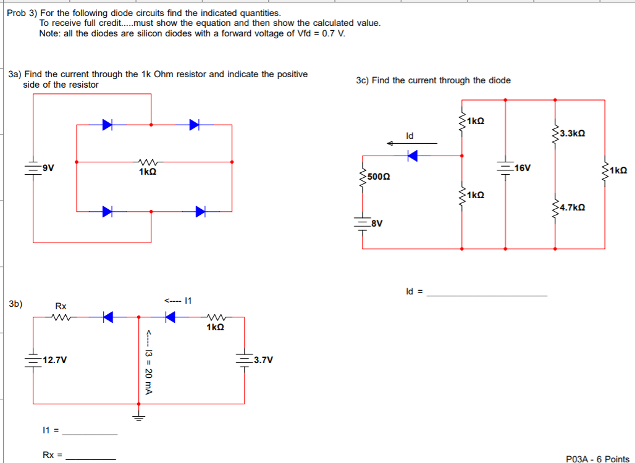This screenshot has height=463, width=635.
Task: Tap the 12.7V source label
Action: tap(55, 359)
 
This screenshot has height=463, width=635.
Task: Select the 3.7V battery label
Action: tap(263, 359)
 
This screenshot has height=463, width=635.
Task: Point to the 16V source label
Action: tap(522, 168)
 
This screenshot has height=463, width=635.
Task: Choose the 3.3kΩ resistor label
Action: tap(572, 133)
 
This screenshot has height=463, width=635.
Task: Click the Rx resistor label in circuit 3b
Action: tap(61, 306)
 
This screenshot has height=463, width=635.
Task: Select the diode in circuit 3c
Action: tap(413, 156)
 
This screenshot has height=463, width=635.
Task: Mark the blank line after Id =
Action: tap(487, 295)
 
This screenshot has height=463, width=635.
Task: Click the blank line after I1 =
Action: tap(90, 434)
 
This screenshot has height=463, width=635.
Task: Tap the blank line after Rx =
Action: tap(90, 458)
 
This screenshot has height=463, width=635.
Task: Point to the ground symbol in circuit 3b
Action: tap(139, 417)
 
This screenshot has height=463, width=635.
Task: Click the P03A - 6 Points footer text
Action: tap(597, 459)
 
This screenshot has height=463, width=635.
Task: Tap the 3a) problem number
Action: tap(15, 74)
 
